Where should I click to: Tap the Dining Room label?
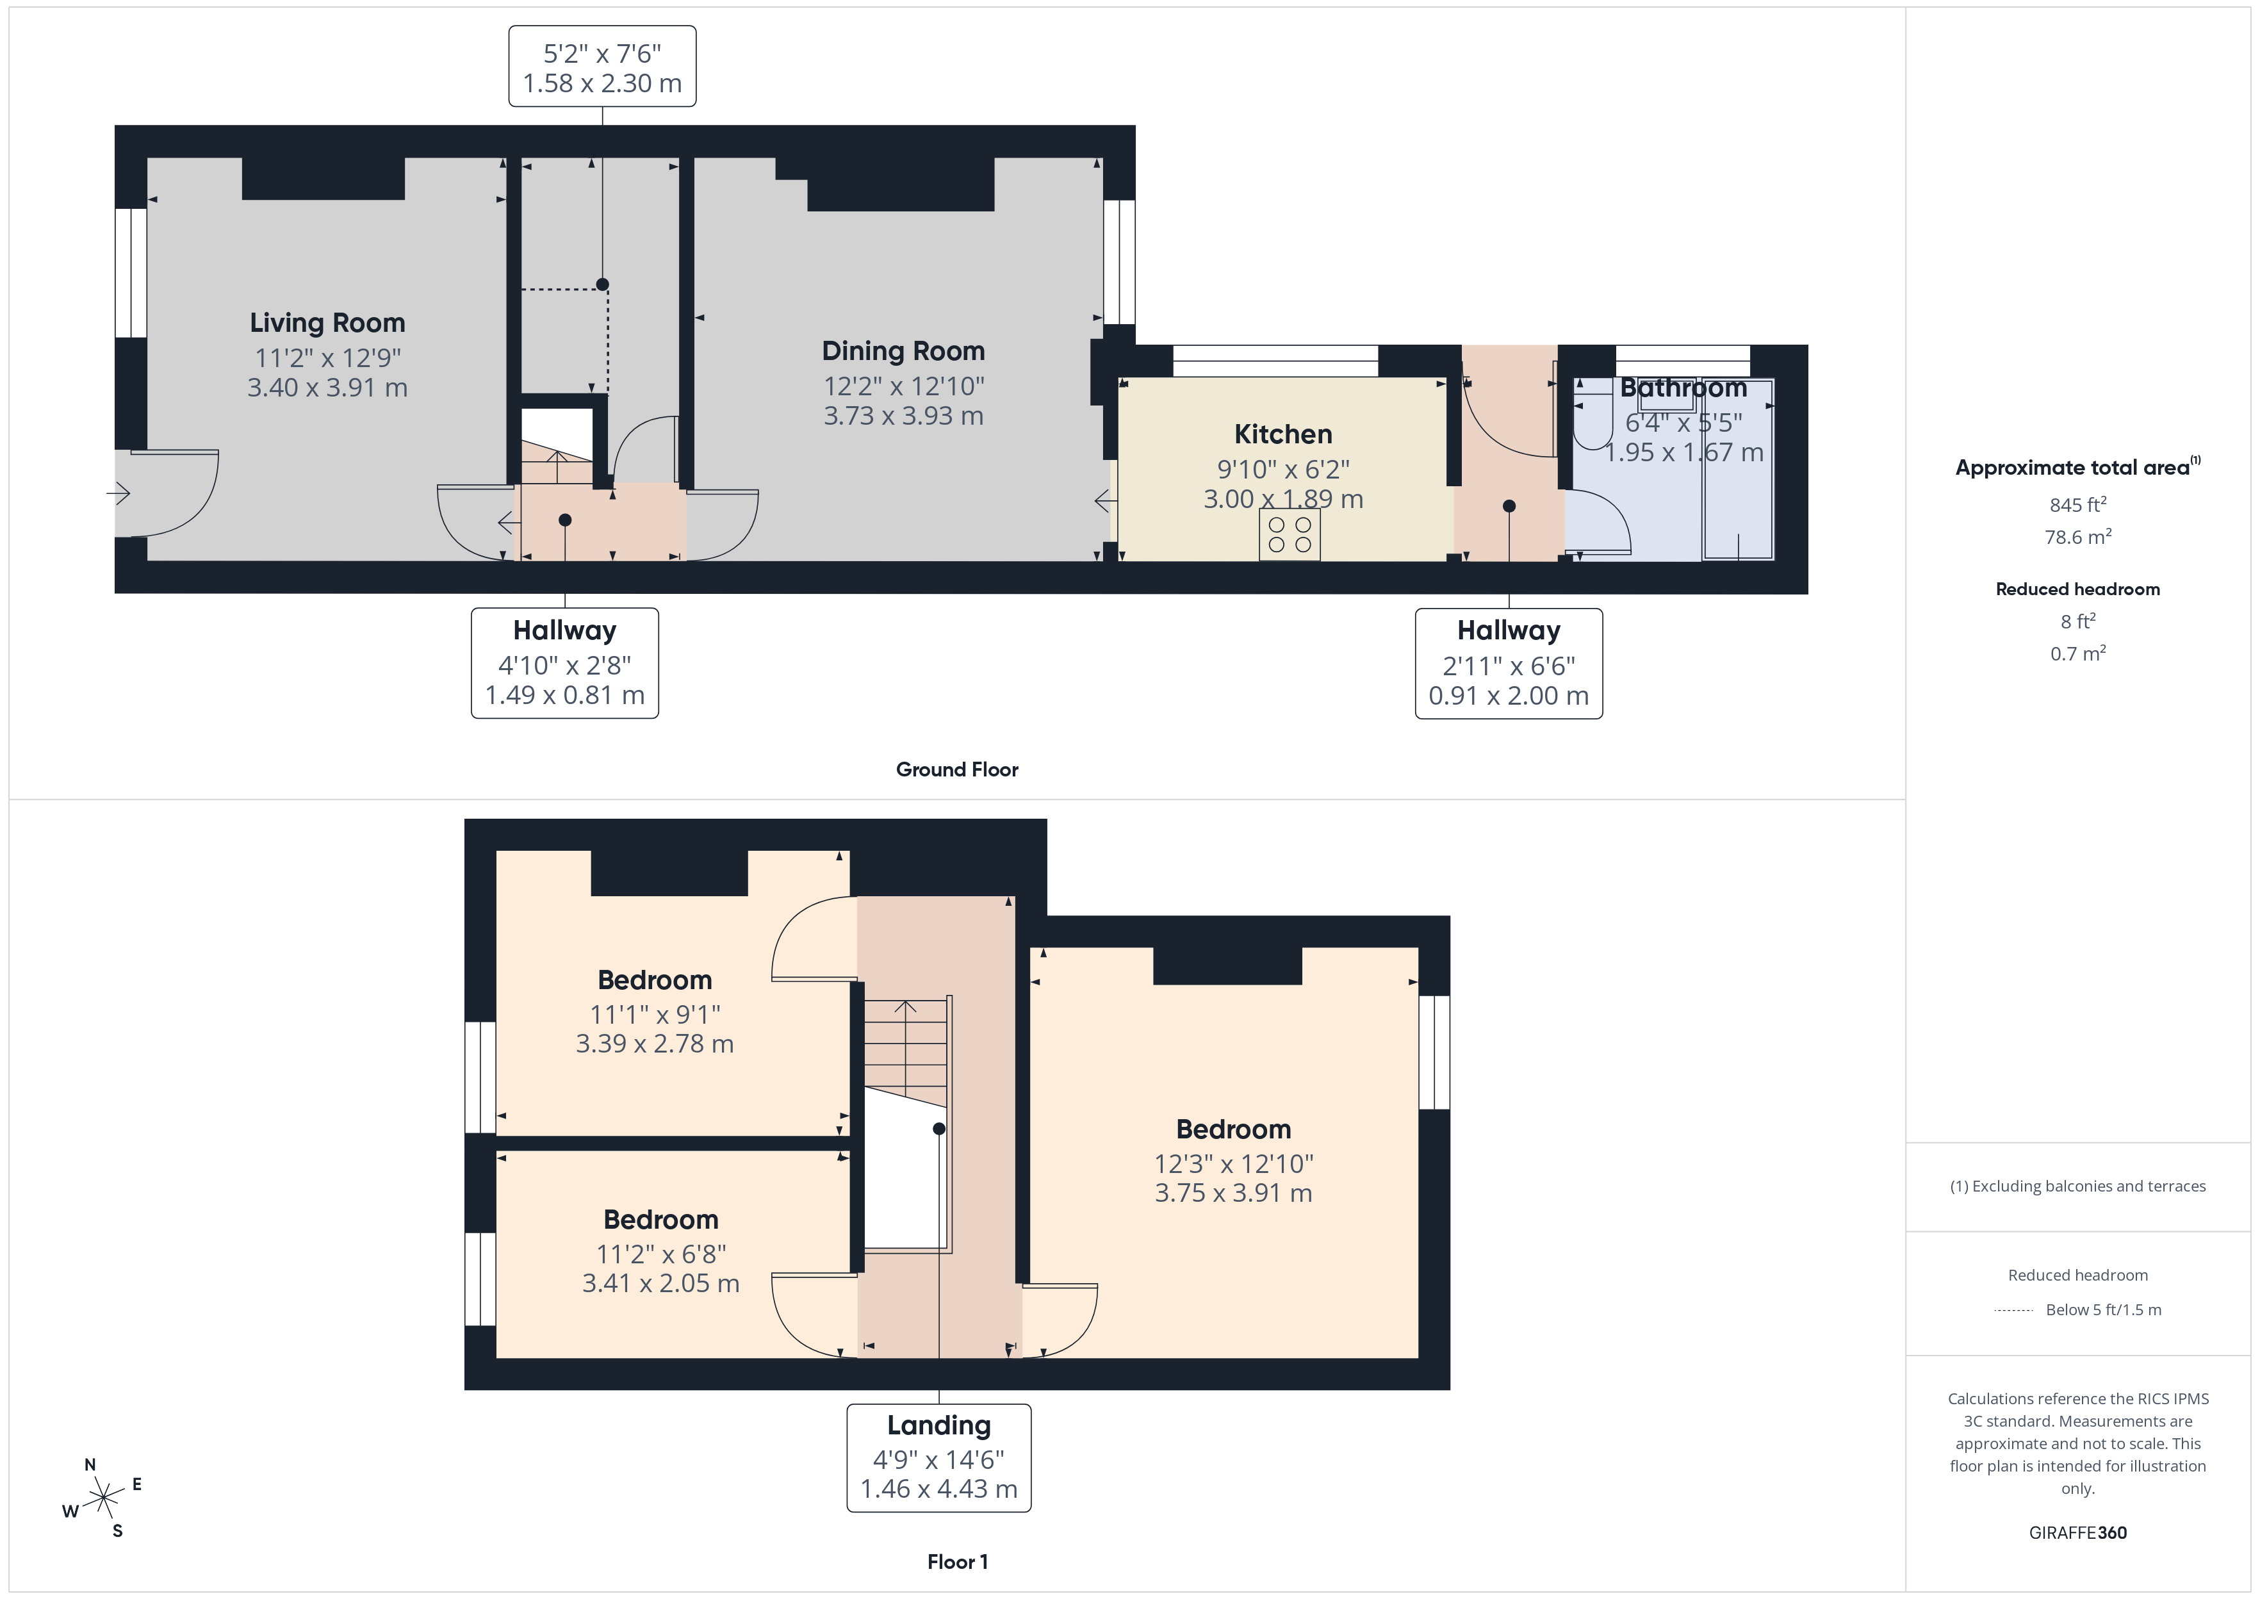point(903,352)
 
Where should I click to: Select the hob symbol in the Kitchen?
point(1290,535)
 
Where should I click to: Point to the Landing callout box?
point(938,1457)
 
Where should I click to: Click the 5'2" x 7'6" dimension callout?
point(602,67)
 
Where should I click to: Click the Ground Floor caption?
point(957,770)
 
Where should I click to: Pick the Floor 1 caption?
point(957,1562)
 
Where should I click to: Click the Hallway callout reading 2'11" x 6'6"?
point(1508,664)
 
